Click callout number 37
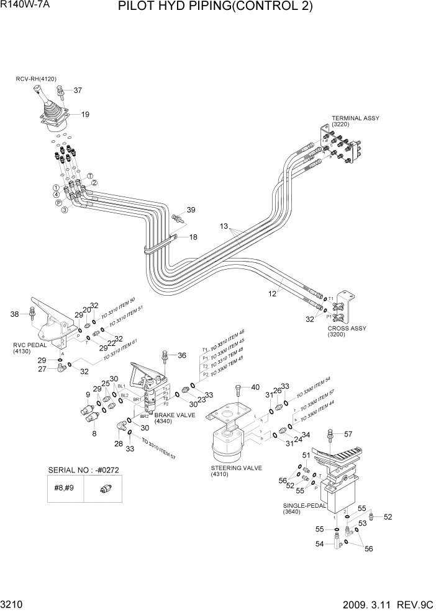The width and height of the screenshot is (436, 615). [x=78, y=91]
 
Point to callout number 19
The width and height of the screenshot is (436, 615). [x=85, y=114]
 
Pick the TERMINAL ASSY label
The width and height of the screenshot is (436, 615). [x=355, y=118]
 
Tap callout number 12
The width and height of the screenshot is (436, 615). [x=272, y=294]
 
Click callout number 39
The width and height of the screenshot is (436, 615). [x=191, y=210]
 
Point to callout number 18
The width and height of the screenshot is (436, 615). [x=193, y=237]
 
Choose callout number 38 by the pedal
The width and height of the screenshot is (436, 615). [x=15, y=314]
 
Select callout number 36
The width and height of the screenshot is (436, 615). [x=182, y=355]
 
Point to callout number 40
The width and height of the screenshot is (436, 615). [x=255, y=387]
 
